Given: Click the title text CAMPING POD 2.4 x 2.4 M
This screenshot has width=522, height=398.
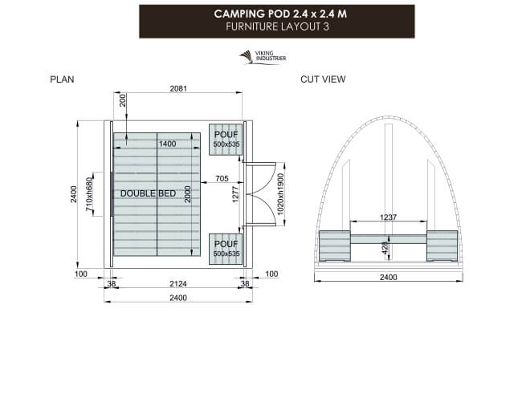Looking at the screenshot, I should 262,14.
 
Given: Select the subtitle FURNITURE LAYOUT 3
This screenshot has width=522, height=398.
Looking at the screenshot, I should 262,26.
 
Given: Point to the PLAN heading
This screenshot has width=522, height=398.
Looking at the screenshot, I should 62,79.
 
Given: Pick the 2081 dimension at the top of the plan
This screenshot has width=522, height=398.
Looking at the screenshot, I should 177,89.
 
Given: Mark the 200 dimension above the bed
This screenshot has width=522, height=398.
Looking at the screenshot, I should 123,100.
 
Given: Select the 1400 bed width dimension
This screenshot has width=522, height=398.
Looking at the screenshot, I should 168,144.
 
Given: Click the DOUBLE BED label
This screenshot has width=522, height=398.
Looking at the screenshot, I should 149,194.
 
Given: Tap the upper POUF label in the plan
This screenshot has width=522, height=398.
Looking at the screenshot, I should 226,135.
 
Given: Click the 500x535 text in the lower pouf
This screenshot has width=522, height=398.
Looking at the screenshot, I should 226,254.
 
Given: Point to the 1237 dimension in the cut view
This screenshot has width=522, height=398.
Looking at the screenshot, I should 389,217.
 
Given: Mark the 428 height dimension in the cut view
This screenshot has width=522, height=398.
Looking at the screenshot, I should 385,248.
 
